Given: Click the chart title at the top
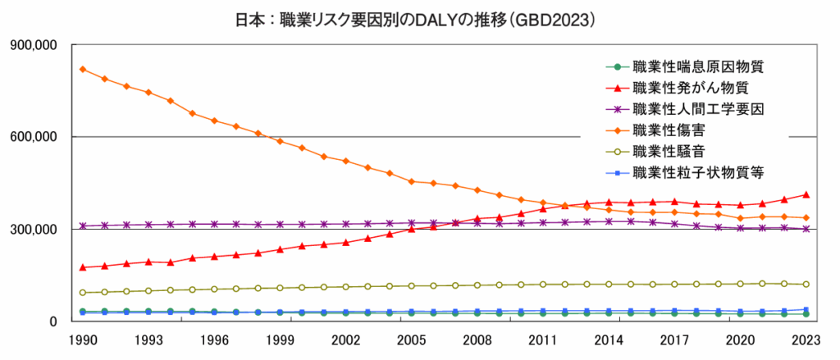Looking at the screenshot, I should point(419,19).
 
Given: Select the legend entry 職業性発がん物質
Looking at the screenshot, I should point(689,87).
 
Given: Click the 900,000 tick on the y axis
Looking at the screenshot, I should point(32,45).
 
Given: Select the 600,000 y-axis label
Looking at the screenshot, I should point(32,137).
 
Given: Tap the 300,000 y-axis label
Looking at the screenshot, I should point(32,230).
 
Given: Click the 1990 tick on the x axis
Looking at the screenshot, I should point(83,339).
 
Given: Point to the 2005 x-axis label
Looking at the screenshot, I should point(411,339).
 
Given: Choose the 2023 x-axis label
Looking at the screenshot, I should point(806,339).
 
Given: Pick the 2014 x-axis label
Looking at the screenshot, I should point(609,339).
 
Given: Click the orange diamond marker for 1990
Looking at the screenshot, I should point(83,69).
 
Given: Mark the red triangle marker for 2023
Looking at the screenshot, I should point(806,194).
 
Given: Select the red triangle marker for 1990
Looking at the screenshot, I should point(83,267).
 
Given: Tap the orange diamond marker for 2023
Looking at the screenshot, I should point(806,217).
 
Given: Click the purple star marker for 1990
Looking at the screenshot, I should point(83,226).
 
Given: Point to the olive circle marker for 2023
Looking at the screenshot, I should point(806,285).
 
